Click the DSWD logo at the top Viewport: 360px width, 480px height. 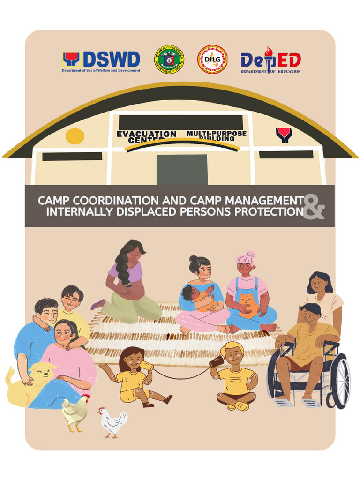(x=101, y=61)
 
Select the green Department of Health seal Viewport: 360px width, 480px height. (x=169, y=60)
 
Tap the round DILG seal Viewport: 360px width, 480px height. (x=212, y=60)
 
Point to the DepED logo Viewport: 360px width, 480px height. (x=270, y=61)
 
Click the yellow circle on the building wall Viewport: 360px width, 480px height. (x=75, y=136)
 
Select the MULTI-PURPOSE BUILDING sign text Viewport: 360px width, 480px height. (x=216, y=135)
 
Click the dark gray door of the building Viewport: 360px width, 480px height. (x=182, y=169)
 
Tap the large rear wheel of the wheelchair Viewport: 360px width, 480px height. (x=339, y=380)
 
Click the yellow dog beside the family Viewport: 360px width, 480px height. (x=30, y=380)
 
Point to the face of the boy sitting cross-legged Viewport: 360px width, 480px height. (x=233, y=356)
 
